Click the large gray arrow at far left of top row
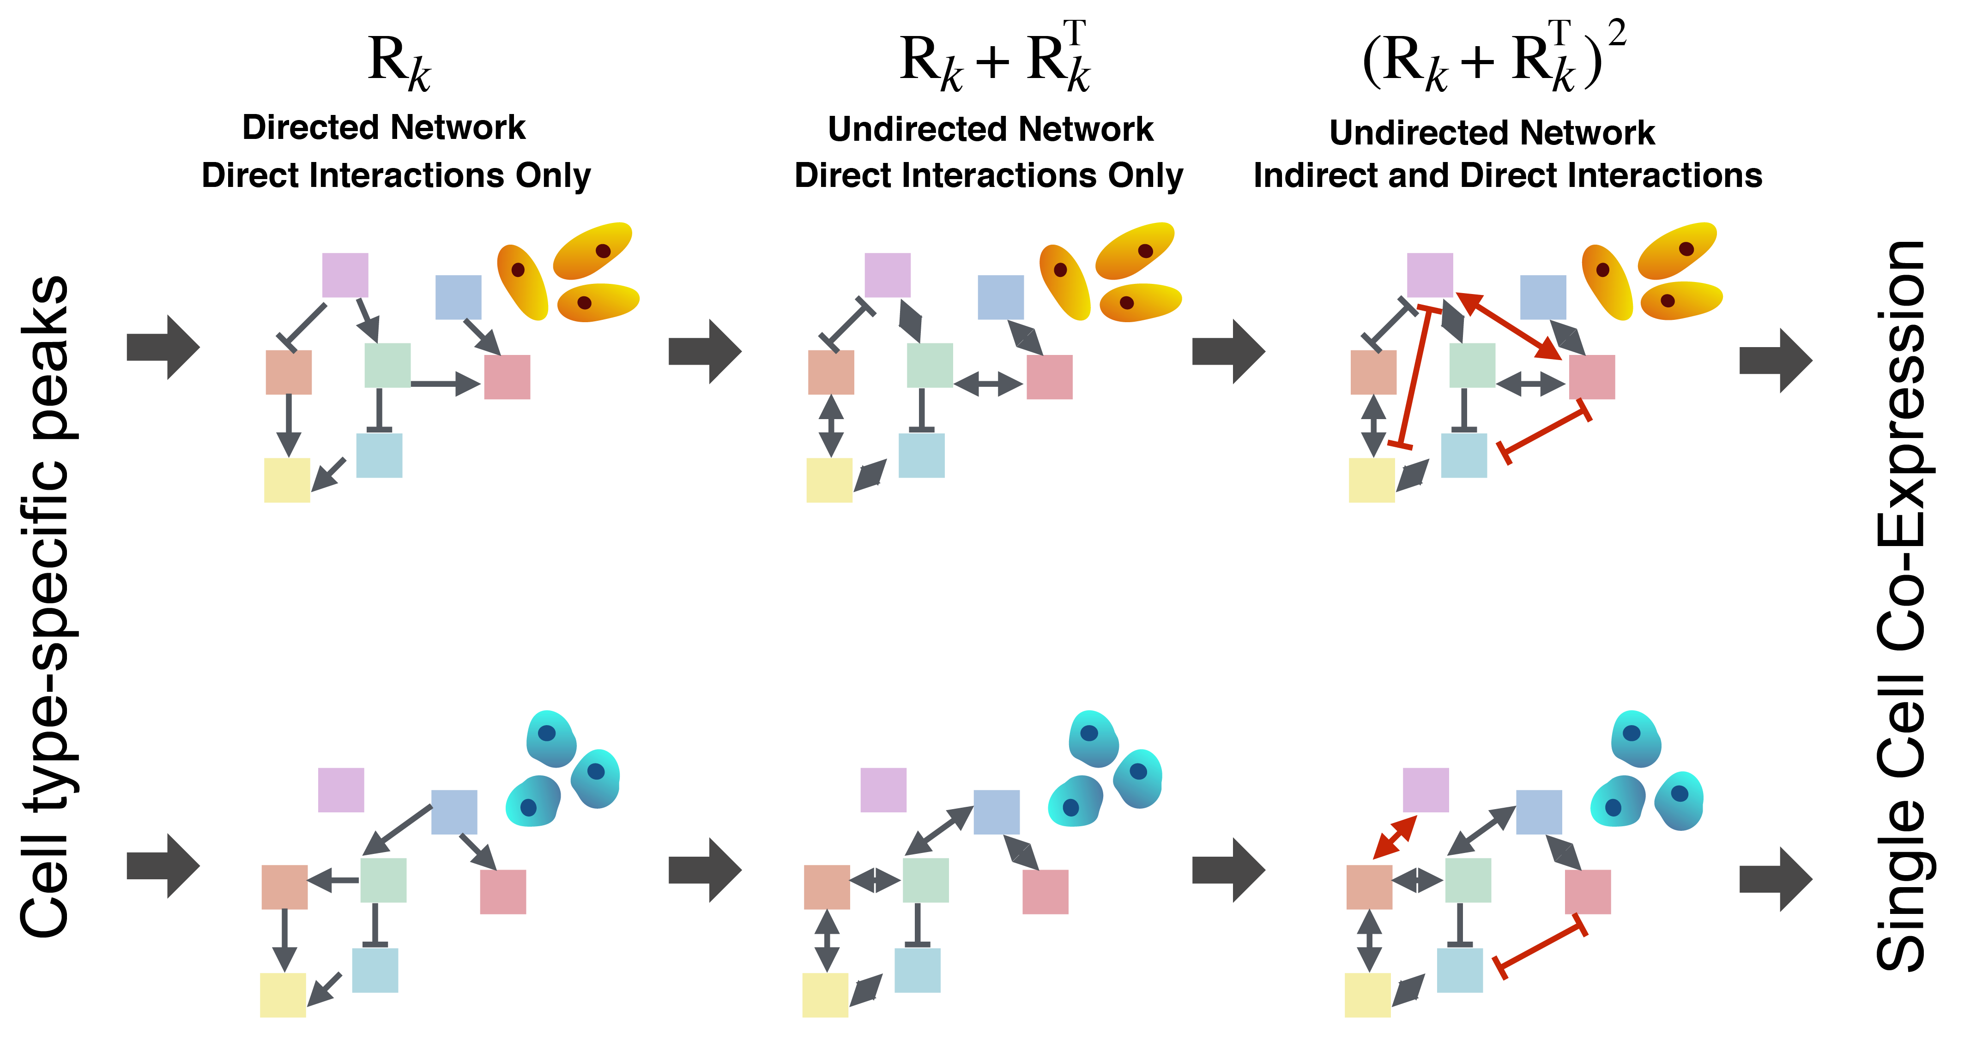pyautogui.click(x=163, y=347)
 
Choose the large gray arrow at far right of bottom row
pyautogui.click(x=1776, y=879)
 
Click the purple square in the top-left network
pyautogui.click(x=345, y=275)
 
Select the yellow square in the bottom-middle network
pyautogui.click(x=825, y=995)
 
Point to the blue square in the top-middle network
pyautogui.click(x=1000, y=297)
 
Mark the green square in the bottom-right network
pyautogui.click(x=1468, y=880)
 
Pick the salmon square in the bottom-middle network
pyautogui.click(x=827, y=887)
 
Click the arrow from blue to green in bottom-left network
pyautogui.click(x=398, y=829)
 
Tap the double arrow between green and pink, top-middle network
pyautogui.click(x=989, y=384)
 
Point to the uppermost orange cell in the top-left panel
pyautogui.click(x=593, y=250)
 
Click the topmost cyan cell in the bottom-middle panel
pyautogui.click(x=1092, y=738)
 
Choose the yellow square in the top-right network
pyautogui.click(x=1372, y=480)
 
